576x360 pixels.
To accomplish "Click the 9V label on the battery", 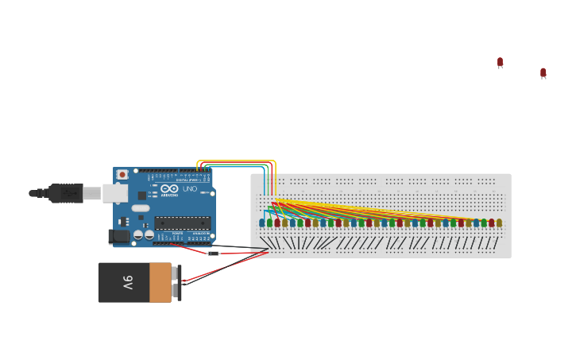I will click(127, 282).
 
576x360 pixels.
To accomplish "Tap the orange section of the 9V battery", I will click(160, 283).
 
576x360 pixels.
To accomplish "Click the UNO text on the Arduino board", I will click(190, 189).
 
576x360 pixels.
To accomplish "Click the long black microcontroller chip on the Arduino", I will click(182, 223).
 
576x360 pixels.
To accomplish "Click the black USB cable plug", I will click(67, 193).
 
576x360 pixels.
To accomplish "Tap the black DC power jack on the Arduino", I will click(119, 236).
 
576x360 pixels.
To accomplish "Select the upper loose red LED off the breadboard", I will click(500, 62).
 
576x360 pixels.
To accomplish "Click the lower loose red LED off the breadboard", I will click(543, 73).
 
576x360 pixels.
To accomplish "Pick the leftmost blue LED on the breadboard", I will click(262, 223).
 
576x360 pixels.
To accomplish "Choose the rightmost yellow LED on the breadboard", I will click(499, 223).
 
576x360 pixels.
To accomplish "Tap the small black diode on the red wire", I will click(213, 253).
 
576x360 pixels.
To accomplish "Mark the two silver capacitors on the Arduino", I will click(143, 234).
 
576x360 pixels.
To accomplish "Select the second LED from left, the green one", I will click(269, 223).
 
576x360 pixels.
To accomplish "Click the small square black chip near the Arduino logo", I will click(142, 195).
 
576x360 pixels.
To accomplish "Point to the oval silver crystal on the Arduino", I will click(141, 208).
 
